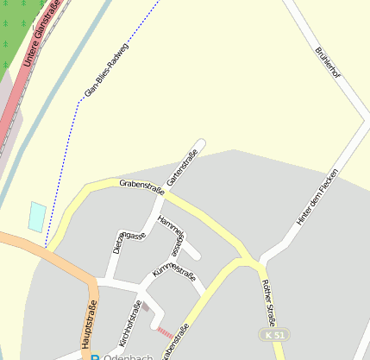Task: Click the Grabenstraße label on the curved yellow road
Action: [141, 185]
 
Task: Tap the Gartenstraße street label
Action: [182, 167]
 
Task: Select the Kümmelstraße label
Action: [173, 278]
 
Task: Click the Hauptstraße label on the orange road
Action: [90, 324]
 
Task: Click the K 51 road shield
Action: [273, 334]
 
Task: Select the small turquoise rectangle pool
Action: [37, 216]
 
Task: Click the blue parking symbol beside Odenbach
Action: [95, 357]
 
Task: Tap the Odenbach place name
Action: [129, 357]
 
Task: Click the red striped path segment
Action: [164, 330]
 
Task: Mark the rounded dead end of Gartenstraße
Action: [201, 143]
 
